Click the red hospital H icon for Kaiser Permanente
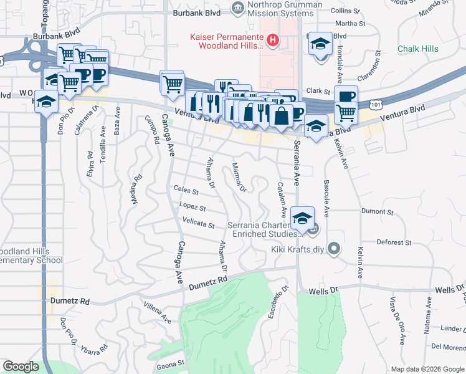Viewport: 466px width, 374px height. [272, 41]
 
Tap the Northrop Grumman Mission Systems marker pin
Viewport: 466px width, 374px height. [237, 7]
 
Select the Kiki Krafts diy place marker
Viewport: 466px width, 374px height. [335, 250]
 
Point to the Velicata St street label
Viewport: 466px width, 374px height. [198, 223]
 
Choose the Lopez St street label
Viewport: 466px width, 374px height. [193, 206]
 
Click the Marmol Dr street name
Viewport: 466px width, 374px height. [239, 177]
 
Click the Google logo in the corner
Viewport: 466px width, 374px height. [21, 367]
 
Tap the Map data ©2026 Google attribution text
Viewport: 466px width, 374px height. [427, 369]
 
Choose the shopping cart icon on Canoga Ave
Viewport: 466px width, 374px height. [173, 83]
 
